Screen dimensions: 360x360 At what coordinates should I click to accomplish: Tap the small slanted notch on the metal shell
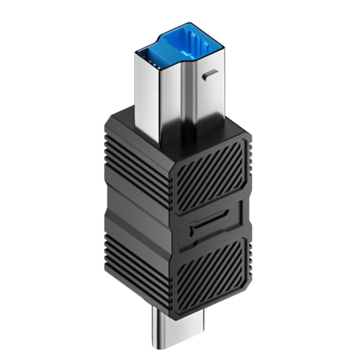pos(210,74)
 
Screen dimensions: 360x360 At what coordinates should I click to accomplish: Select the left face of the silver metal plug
pos(147,95)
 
